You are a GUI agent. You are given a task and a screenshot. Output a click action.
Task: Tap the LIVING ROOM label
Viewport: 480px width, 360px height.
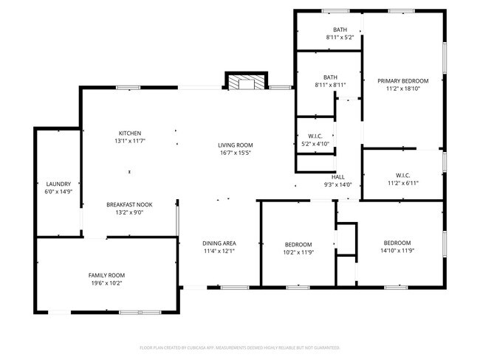coord(235,145)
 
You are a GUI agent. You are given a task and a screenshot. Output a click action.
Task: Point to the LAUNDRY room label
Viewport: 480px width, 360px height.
coord(58,184)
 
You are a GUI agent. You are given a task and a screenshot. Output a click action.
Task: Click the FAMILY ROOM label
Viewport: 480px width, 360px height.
coord(107,275)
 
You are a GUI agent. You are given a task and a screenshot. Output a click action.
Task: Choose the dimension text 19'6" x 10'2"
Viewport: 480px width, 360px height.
coord(107,283)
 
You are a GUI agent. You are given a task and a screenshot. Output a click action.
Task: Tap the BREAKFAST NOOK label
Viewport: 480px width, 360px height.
coord(129,204)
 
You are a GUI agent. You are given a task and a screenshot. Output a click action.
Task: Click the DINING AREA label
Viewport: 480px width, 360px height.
coord(219,243)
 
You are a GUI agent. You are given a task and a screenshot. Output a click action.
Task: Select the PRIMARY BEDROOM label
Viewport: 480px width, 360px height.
coord(402,81)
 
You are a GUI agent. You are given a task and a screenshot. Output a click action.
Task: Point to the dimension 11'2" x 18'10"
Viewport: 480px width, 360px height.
coord(402,89)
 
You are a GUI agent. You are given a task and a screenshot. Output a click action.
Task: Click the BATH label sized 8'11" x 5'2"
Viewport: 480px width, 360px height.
coord(340,30)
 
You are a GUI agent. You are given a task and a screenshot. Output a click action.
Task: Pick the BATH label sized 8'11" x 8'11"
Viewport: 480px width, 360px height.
coord(330,77)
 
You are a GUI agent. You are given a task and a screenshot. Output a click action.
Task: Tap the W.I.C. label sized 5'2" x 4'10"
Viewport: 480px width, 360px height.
coord(314,136)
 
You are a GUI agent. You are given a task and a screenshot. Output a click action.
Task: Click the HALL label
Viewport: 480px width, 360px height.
coord(338,177)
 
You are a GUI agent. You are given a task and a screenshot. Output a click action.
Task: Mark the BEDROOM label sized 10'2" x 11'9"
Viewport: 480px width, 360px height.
coord(298,244)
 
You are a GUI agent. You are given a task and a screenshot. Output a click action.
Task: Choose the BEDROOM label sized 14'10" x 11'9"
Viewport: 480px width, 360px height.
coord(397,243)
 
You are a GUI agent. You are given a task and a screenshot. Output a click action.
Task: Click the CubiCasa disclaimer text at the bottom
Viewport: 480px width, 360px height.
coord(239,346)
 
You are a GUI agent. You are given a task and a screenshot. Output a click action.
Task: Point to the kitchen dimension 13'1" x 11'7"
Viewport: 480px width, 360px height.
coord(129,141)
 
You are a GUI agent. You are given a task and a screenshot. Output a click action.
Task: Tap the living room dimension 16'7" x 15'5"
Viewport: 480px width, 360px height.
coord(235,153)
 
